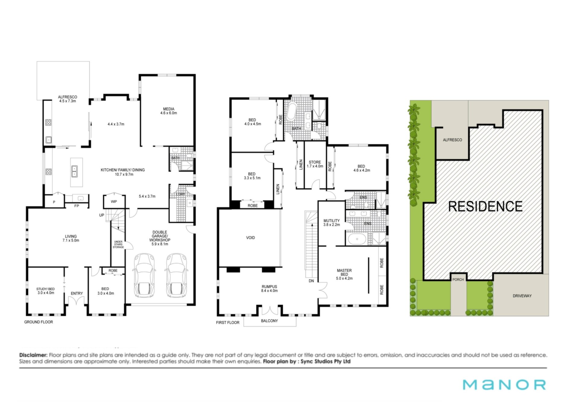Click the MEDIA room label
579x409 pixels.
[169, 109]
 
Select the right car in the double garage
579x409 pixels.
[176, 275]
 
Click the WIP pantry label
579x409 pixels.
[114, 202]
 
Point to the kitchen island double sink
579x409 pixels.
[74, 171]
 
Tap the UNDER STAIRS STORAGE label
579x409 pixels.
[118, 244]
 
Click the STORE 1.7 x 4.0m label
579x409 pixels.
[315, 164]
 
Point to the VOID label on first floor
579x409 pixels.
[250, 238]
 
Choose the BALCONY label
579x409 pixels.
[269, 321]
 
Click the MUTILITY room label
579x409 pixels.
[331, 221]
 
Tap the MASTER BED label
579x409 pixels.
[344, 272]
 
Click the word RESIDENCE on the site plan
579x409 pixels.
[485, 206]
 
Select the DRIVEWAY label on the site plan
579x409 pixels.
[522, 296]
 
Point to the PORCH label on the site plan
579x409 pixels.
[458, 280]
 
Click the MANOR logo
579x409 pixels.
[504, 385]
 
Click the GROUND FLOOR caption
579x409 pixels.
[39, 322]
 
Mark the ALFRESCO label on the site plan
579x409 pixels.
[452, 140]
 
